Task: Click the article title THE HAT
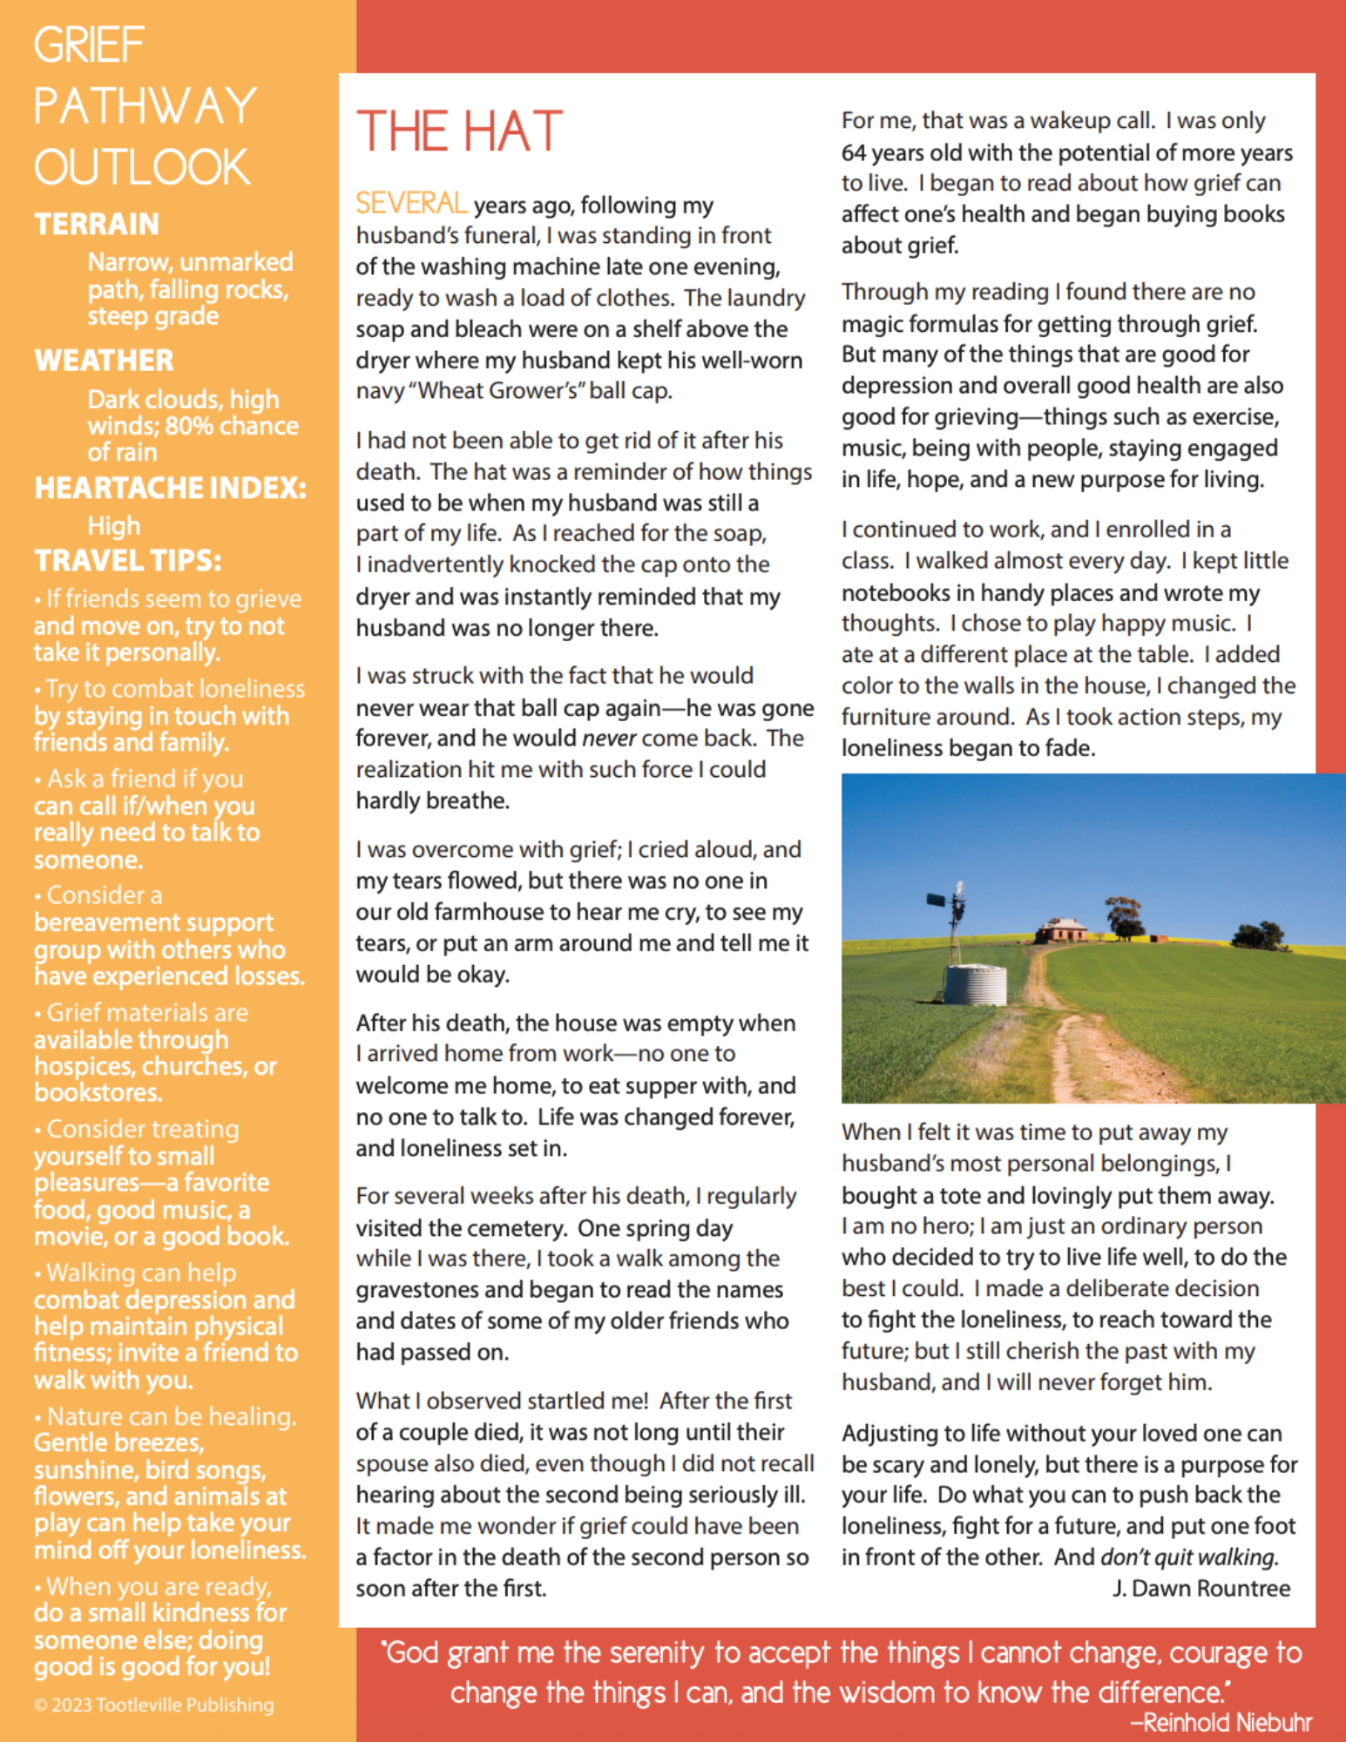[x=459, y=132]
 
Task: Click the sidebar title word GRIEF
[x=89, y=45]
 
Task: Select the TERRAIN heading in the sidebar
[x=97, y=224]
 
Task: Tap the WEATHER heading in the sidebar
[x=104, y=360]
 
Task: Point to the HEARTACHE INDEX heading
[x=170, y=488]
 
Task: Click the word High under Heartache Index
[x=113, y=526]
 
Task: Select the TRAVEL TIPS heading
[x=127, y=560]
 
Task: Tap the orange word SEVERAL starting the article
[x=410, y=204]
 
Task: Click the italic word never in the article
[x=610, y=739]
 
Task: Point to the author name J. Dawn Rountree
[x=1201, y=1588]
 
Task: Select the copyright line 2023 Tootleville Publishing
[x=154, y=1705]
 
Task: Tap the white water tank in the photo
[x=976, y=984]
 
